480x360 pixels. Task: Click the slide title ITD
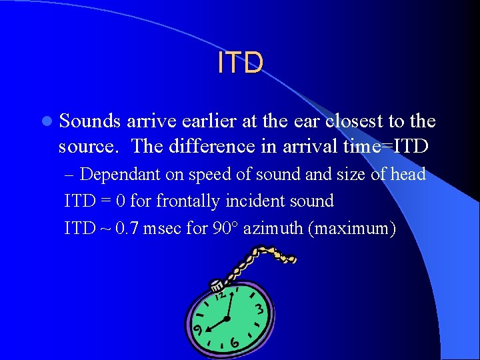(x=240, y=63)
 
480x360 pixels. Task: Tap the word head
(x=408, y=175)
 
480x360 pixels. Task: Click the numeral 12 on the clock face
(x=219, y=293)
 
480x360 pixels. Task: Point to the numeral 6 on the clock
(x=235, y=342)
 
